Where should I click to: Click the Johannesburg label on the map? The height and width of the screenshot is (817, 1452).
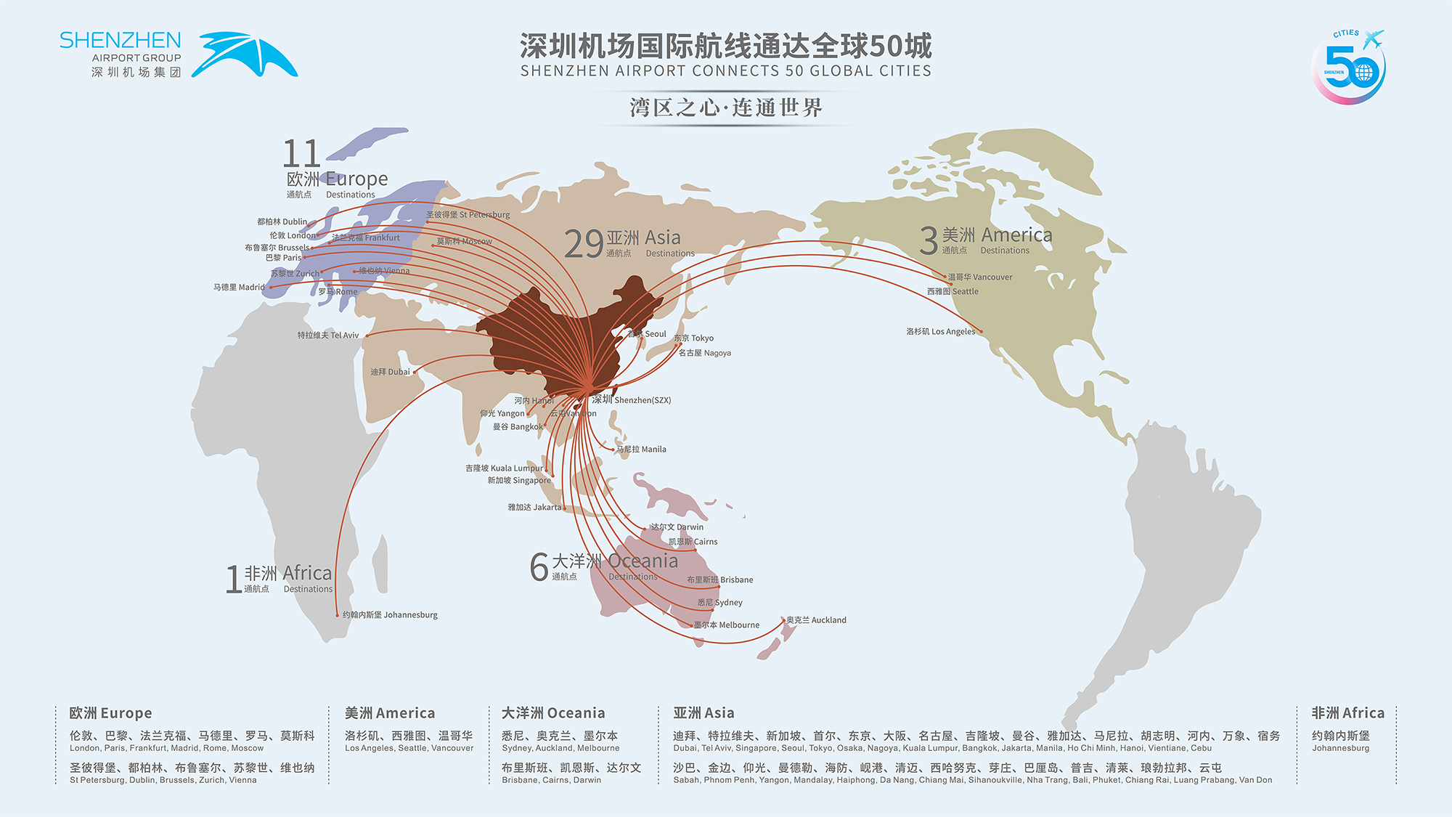click(x=390, y=615)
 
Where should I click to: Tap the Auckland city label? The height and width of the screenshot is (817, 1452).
click(x=817, y=620)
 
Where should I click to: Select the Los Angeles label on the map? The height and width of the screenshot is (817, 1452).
click(x=941, y=332)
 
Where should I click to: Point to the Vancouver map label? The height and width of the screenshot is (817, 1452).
click(x=980, y=277)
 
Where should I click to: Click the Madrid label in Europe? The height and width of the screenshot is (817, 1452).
click(x=239, y=288)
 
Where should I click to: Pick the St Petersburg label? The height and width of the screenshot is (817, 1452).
click(x=468, y=215)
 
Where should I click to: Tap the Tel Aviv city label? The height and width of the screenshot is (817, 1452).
click(x=328, y=336)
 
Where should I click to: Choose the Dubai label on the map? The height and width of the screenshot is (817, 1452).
click(x=390, y=372)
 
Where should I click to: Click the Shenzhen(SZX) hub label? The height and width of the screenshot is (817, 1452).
click(x=631, y=400)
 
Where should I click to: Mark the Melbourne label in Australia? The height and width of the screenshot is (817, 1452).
click(x=727, y=625)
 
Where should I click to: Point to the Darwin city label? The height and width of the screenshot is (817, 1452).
click(x=677, y=527)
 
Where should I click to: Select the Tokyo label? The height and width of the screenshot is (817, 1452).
click(x=694, y=338)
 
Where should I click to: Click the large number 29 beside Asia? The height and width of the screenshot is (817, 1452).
click(x=584, y=244)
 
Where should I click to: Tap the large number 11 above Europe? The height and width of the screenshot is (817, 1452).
click(x=301, y=154)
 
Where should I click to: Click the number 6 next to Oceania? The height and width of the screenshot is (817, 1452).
click(x=539, y=567)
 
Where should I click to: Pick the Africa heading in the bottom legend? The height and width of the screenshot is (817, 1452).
click(x=1347, y=713)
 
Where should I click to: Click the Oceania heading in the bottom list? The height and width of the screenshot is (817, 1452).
click(x=553, y=713)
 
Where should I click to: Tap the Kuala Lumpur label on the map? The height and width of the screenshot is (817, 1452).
click(x=504, y=468)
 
